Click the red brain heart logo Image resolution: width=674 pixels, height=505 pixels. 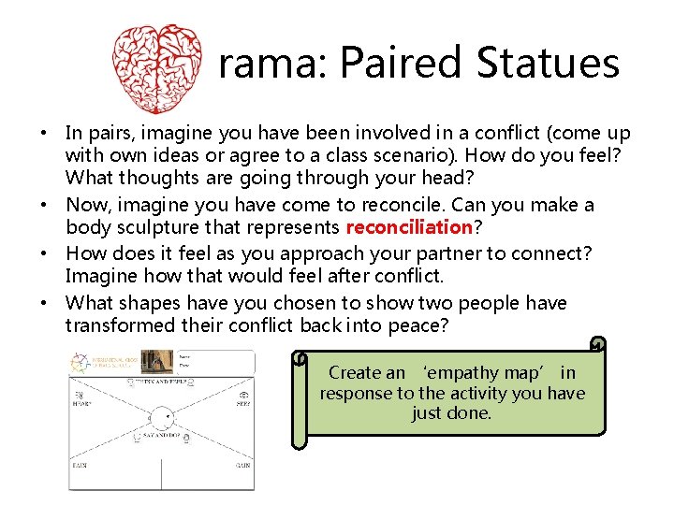pyautogui.click(x=156, y=67)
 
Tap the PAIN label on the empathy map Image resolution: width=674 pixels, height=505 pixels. pyautogui.click(x=82, y=465)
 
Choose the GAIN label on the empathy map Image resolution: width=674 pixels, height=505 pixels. pyautogui.click(x=242, y=465)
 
